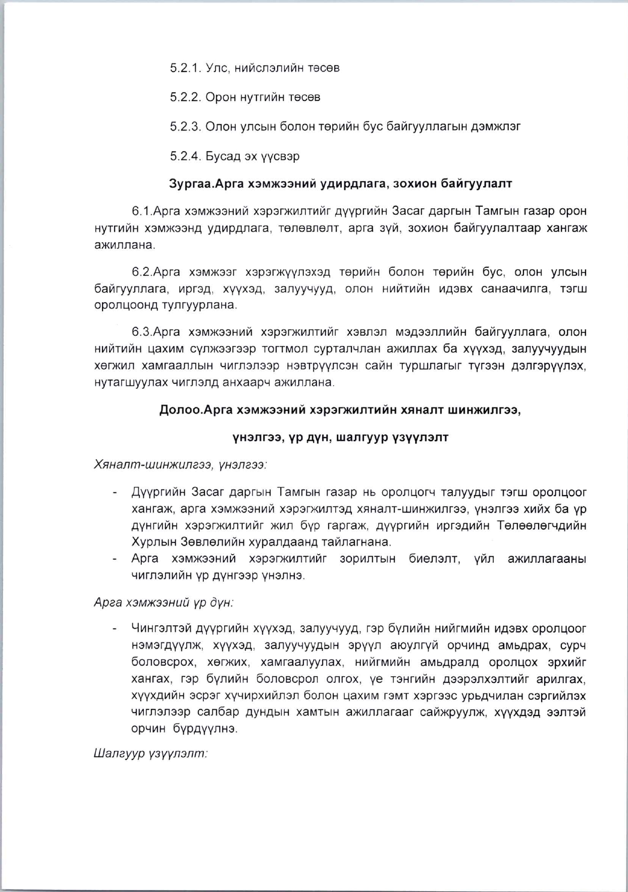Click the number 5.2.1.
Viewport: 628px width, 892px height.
185,68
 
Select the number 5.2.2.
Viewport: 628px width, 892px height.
185,97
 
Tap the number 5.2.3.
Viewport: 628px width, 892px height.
185,127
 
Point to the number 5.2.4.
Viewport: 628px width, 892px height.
185,156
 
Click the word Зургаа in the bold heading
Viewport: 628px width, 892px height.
188,184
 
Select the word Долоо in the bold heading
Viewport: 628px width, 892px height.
180,410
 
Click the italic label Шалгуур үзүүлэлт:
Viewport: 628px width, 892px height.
150,754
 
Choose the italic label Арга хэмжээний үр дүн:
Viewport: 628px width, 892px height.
164,603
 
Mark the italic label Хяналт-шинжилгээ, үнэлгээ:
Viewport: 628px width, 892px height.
180,464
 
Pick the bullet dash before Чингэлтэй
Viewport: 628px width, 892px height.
115,629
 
